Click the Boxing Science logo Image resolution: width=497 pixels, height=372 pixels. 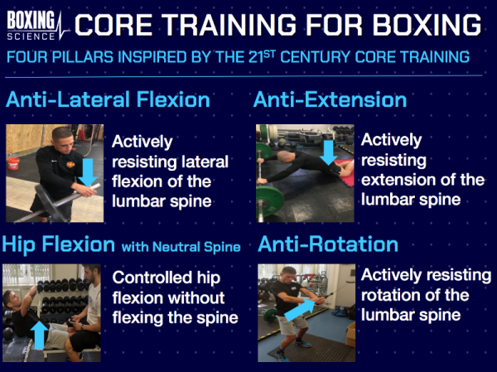click(33, 23)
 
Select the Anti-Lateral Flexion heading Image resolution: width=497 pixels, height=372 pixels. click(107, 100)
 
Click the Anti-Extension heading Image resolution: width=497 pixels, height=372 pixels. click(330, 100)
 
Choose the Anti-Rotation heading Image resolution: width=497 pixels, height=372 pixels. click(328, 244)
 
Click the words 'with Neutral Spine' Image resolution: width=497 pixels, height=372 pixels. click(177, 246)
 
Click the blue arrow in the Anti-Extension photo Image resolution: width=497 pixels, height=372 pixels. click(327, 152)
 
